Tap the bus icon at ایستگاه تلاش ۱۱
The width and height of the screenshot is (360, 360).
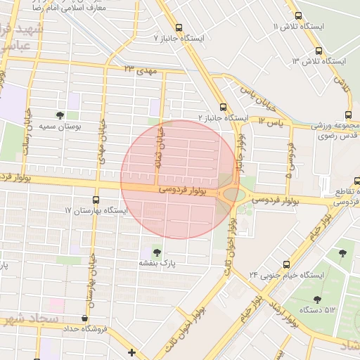pyautogui.click(x=298, y=15)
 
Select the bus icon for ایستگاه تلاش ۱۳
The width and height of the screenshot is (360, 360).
pyautogui.click(x=319, y=51)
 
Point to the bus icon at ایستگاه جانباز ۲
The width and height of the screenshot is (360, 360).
pyautogui.click(x=223, y=107)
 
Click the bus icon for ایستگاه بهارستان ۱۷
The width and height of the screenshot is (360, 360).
pyautogui.click(x=96, y=200)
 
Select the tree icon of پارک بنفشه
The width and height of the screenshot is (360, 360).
pyautogui.click(x=156, y=251)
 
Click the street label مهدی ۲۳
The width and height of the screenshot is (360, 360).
pyautogui.click(x=140, y=70)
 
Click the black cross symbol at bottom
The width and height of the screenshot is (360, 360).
pyautogui.click(x=131, y=352)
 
